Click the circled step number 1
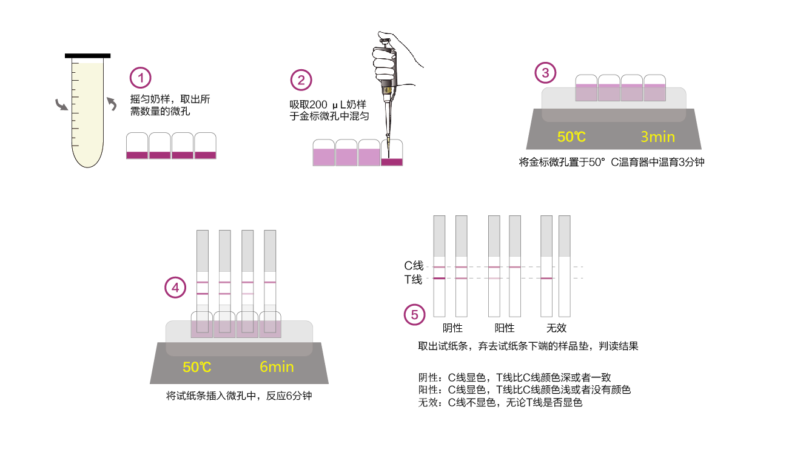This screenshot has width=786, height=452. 141,78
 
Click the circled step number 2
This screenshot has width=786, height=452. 301,80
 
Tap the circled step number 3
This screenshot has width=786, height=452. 545,73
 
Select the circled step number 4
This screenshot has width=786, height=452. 176,288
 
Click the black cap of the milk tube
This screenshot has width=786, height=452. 87,56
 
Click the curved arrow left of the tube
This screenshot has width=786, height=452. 61,105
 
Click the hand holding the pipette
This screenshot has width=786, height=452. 388,55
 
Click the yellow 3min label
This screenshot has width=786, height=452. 657,137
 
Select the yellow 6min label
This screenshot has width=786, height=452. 277,366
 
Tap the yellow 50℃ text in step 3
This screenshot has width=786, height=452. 571,137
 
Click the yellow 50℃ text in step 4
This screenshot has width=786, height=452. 197,366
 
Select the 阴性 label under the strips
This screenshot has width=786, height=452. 452,328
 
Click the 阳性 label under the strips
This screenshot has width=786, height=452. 505,328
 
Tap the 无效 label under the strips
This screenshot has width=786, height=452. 556,328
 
